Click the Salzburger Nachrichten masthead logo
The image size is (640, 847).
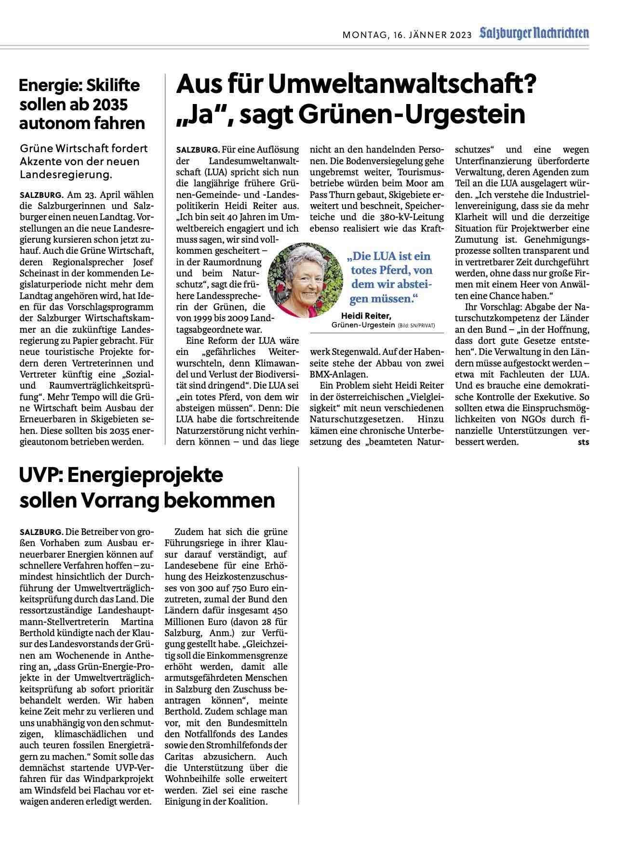534,34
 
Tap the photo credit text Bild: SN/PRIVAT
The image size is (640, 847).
416,326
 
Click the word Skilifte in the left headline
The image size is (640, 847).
109,85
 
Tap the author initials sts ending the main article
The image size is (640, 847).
583,442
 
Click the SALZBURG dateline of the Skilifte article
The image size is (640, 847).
41,195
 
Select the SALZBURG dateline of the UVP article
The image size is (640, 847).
41,532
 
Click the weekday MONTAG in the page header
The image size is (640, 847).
363,35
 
